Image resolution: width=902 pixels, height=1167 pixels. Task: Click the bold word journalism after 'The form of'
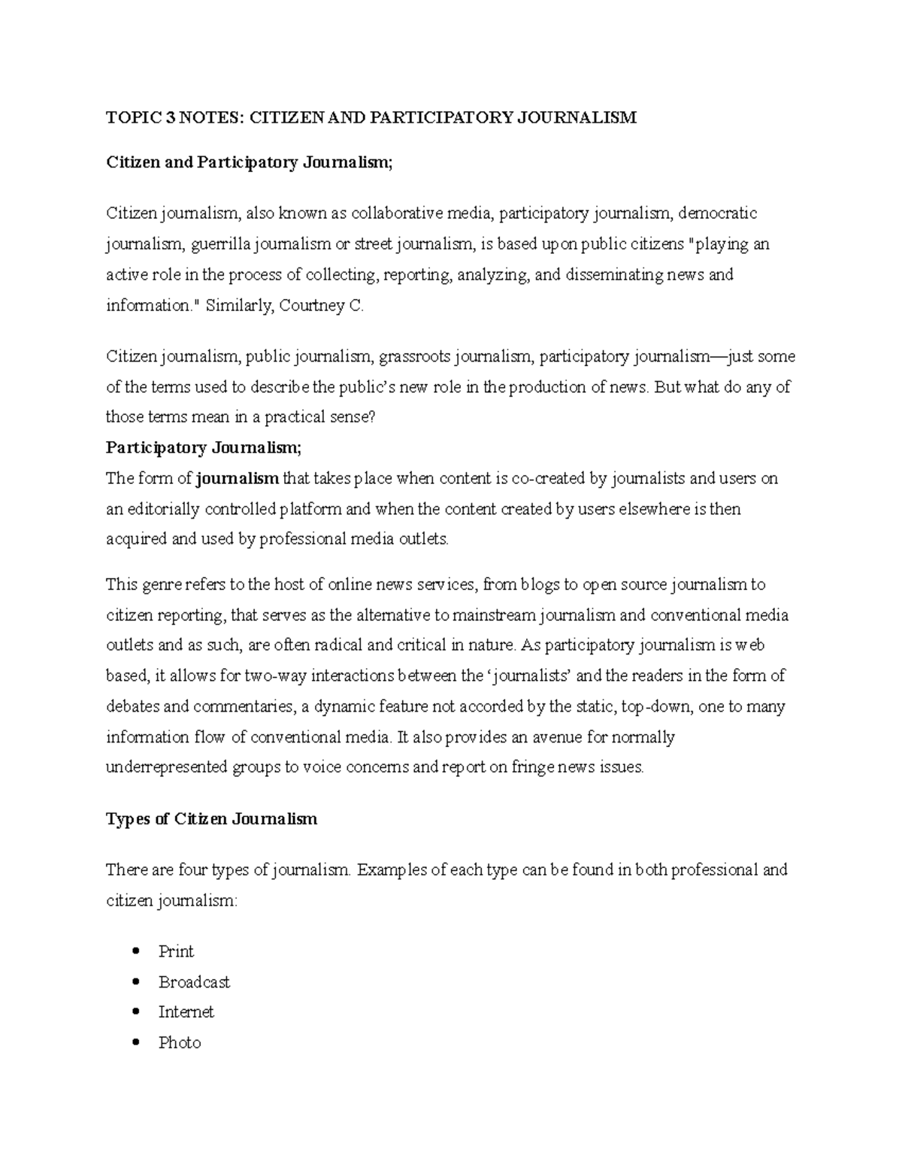[x=238, y=479]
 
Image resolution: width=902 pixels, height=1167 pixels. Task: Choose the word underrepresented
[x=166, y=768]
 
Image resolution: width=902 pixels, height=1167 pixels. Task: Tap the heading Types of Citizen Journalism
[x=211, y=819]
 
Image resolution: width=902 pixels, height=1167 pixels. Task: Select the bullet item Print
[x=176, y=951]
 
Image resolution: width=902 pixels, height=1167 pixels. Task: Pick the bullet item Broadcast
[x=194, y=982]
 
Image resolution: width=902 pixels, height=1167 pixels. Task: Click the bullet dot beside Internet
[x=135, y=1011]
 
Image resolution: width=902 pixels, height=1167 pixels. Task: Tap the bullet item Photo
[x=180, y=1043]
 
